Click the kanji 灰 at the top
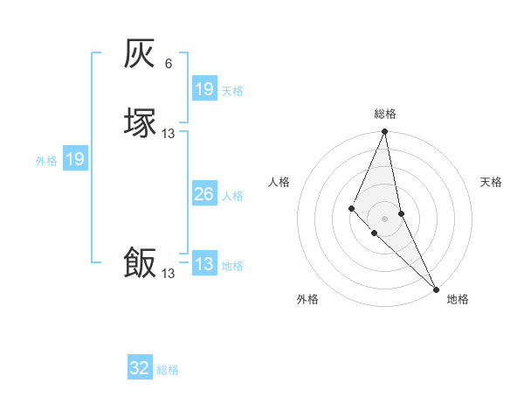141,54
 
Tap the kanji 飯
141,262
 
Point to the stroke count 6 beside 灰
169,64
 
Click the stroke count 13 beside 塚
169,134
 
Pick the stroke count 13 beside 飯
169,274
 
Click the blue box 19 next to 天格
204,89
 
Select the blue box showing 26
204,194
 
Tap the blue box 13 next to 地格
204,264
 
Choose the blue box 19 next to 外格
75,159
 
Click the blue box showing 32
140,368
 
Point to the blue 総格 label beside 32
168,370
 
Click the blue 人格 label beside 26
232,196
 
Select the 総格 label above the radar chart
385,114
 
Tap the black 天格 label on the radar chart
491,182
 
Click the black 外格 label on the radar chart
307,299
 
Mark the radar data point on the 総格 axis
385,132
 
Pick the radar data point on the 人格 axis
351,207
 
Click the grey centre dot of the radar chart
385,218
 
